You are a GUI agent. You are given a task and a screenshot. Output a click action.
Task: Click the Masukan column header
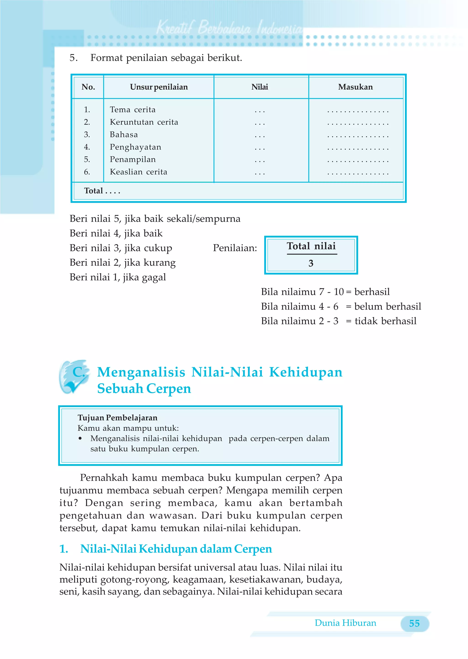click(355, 87)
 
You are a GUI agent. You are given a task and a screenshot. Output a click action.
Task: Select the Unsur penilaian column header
click(159, 87)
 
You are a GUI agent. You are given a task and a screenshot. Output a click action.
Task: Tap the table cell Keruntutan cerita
click(144, 122)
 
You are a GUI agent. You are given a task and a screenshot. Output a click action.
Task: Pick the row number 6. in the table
click(87, 172)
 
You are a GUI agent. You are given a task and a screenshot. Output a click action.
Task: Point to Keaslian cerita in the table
click(138, 172)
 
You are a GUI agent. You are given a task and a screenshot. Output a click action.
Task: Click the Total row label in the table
click(93, 191)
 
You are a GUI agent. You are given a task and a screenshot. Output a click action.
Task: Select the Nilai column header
click(259, 87)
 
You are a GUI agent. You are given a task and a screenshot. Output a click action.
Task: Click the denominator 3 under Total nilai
click(311, 263)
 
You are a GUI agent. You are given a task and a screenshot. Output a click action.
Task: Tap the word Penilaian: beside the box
click(235, 248)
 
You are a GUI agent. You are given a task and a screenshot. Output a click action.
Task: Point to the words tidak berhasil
click(385, 321)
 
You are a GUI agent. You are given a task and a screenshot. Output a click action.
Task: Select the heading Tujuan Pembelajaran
click(117, 418)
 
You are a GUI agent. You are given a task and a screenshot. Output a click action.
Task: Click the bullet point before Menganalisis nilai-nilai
click(80, 438)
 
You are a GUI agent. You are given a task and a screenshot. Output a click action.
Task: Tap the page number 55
click(414, 623)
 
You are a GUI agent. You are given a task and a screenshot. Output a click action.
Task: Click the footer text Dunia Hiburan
click(345, 623)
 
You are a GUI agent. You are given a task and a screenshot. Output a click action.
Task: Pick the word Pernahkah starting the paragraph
click(104, 478)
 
